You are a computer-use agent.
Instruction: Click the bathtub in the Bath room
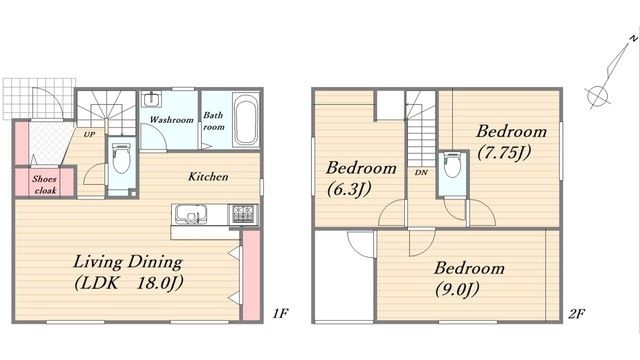pos(246,119)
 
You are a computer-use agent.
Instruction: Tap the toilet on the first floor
pos(121,158)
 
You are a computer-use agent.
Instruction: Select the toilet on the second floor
pos(452,164)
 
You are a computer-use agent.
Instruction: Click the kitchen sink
pos(191,214)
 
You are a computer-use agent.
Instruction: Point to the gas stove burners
pos(244,214)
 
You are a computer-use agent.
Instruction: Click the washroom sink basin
pos(151,99)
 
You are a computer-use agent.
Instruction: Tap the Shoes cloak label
pos(45,184)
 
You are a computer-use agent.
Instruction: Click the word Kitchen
pos(208,177)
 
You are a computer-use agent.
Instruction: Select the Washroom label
pos(171,120)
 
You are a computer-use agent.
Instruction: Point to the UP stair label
pos(89,134)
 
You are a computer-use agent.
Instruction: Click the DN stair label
pos(421,173)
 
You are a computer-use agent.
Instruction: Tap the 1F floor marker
pos(281,313)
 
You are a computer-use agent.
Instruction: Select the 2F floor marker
pos(577,313)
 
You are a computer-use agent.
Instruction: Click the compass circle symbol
pos(598,97)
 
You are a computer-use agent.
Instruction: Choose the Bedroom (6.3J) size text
pos(349,189)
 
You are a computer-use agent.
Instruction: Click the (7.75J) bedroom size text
pos(504,153)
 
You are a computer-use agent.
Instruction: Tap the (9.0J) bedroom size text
pos(457,290)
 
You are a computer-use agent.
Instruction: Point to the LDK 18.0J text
pos(129,283)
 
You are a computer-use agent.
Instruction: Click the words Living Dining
pos(128,262)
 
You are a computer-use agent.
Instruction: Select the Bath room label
pos(213,121)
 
